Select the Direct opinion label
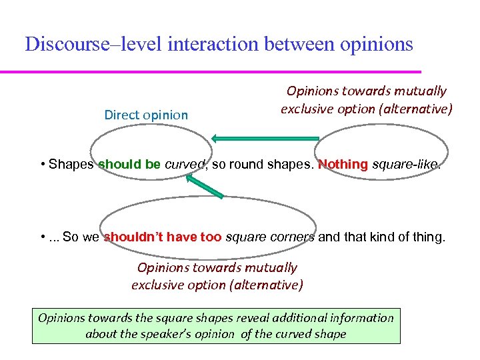coord(146,115)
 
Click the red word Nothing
coord(343,164)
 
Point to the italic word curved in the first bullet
coord(183,164)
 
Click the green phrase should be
coord(129,164)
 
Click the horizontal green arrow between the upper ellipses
coord(265,138)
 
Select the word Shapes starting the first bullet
coord(71,164)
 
